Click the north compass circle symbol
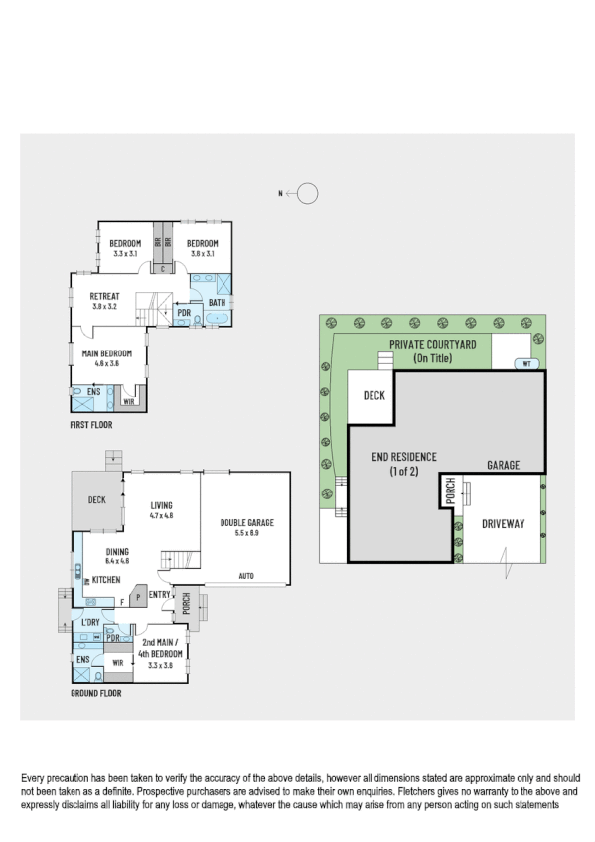pos(308,194)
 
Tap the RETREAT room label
pos(104,296)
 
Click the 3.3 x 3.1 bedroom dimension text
pos(124,254)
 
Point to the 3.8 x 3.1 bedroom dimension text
pos(202,254)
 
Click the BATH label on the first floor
pos(217,303)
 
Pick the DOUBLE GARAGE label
pos(246,523)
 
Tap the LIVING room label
pos(161,505)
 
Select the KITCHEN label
pos(106,579)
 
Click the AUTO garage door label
pos(247,576)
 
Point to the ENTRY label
pos(159,594)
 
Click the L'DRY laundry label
pos(92,622)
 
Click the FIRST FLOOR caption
pos(91,425)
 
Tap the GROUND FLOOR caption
pos(96,693)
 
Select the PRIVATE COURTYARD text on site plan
pos(432,344)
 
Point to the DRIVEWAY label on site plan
pos(503,523)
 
